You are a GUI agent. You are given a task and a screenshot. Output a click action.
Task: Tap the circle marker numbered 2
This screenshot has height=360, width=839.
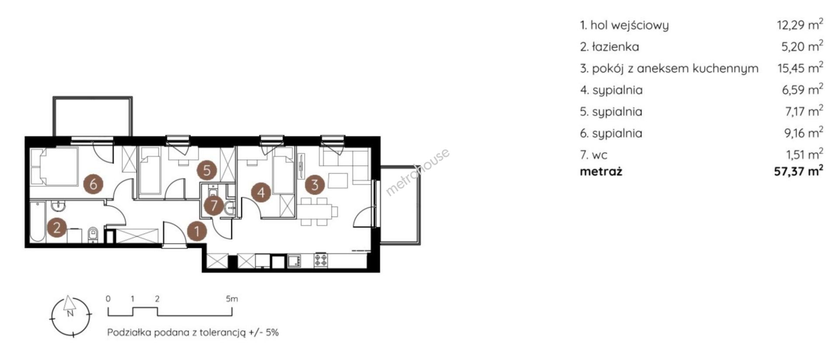[57, 228]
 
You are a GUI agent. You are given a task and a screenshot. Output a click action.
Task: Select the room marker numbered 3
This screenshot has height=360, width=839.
[315, 185]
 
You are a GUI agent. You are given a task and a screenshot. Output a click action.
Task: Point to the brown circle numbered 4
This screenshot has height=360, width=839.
[261, 193]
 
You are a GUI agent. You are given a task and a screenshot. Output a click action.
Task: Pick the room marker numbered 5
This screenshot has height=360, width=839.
[207, 170]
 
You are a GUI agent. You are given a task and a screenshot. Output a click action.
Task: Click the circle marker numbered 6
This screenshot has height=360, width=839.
[93, 184]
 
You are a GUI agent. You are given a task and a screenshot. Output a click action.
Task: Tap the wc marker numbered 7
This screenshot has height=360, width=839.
[214, 205]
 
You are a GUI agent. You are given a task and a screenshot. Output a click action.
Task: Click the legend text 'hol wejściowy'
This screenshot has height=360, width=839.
[629, 25]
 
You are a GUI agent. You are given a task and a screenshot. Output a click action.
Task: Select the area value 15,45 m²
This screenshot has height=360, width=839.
[800, 68]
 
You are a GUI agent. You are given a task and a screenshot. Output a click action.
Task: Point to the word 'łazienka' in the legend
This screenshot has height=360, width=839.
[615, 46]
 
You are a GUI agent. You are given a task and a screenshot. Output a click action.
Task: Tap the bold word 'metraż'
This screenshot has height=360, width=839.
[601, 171]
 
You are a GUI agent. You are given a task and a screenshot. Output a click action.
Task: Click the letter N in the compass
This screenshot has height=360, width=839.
[69, 313]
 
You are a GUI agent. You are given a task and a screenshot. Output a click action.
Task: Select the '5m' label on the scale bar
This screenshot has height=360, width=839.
[232, 299]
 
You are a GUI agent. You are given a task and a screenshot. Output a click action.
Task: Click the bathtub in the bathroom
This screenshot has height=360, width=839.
[37, 222]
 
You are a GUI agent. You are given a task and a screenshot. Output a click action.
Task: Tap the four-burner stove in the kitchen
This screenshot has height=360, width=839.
[321, 260]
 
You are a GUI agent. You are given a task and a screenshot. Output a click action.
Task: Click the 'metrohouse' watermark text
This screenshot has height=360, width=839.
[417, 172]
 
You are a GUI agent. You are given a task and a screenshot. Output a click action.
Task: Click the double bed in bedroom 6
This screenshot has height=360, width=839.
[54, 166]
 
